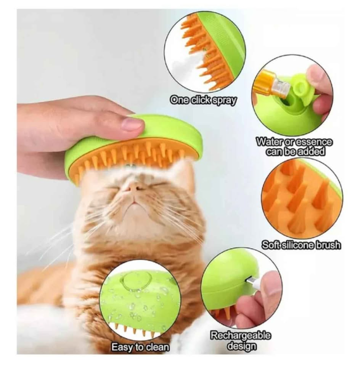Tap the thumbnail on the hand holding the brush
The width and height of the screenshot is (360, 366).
(132, 124)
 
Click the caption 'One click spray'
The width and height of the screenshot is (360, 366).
(203, 100)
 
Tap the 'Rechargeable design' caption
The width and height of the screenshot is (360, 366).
(241, 341)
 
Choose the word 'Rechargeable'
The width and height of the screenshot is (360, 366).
(241, 336)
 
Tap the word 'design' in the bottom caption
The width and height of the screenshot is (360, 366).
(241, 346)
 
